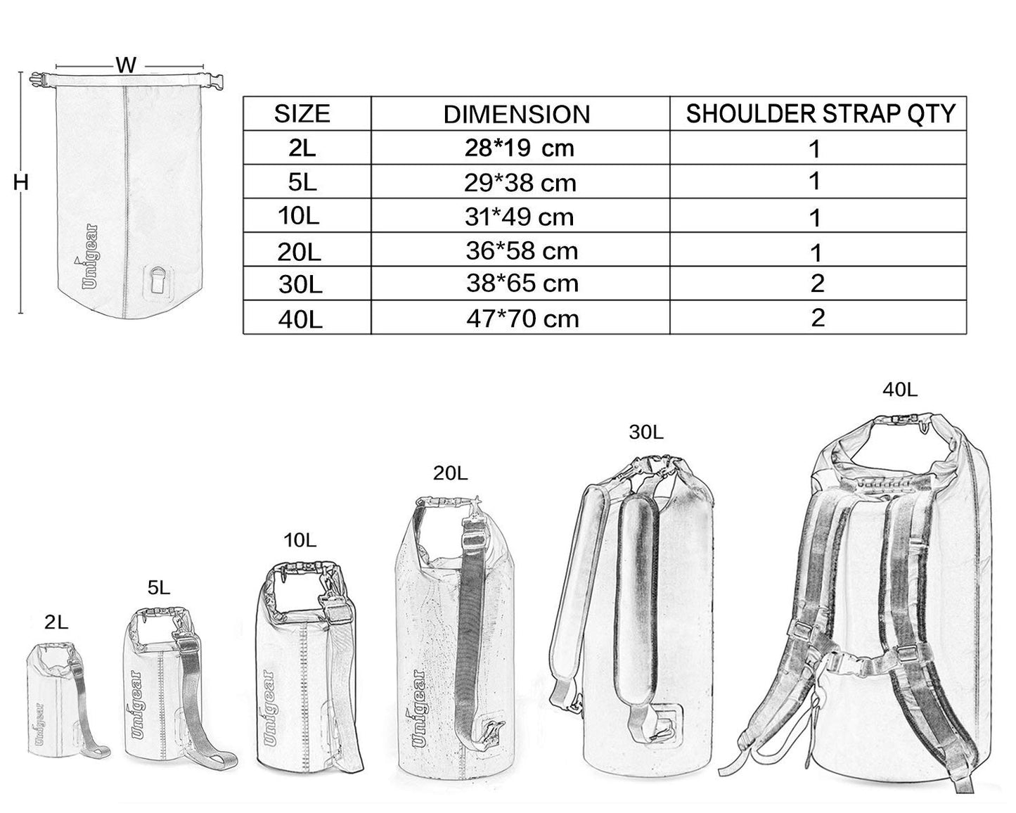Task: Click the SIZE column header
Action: pos(302,115)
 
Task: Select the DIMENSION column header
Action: pos(517,115)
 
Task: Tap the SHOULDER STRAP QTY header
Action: pos(821,114)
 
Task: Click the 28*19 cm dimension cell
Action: pos(520,148)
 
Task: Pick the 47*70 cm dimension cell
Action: pos(522,319)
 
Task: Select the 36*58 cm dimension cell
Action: pos(522,251)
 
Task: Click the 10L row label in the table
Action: pos(298,217)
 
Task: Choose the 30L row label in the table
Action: pos(300,284)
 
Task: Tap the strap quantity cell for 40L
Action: pos(818,317)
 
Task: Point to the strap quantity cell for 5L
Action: pos(814,181)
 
